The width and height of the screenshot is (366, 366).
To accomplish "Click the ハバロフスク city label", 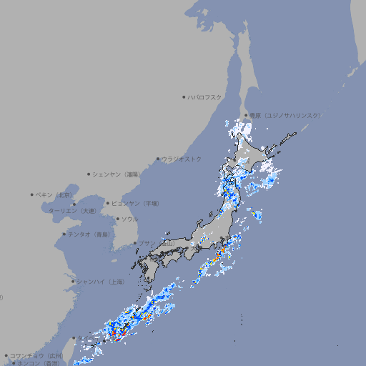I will tap(205, 97).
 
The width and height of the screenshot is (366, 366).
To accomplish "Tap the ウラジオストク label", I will tap(182, 159).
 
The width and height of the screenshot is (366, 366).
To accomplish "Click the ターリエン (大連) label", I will tap(72, 211).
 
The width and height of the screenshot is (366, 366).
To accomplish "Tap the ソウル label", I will tap(129, 219).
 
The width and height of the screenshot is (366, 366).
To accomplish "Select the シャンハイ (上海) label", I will tap(101, 282).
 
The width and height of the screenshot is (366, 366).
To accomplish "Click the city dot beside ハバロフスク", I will tap(184, 97).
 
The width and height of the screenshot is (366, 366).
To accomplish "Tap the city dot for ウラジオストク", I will tap(158, 159).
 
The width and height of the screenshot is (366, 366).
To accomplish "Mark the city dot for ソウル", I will tap(117, 219).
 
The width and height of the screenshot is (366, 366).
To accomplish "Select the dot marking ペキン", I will tap(32, 194).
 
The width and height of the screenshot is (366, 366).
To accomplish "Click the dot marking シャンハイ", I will tap(73, 282).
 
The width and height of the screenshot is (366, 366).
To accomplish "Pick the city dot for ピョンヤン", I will tap(109, 203).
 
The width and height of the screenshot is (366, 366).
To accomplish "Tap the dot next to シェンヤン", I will tap(89, 174).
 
